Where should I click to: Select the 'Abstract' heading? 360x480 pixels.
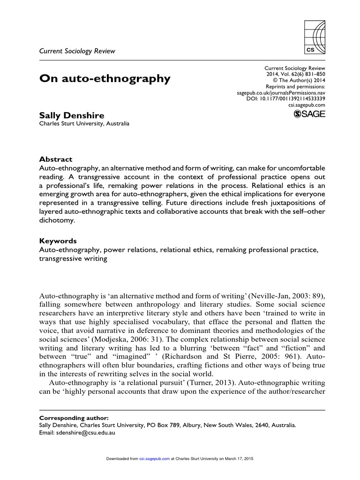[x=55, y=159]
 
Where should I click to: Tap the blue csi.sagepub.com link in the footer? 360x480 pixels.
[x=155, y=459]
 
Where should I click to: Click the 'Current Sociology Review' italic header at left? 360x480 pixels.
[x=76, y=51]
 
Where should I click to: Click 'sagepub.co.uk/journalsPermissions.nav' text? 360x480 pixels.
[x=281, y=93]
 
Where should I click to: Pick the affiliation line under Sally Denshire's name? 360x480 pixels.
[x=84, y=124]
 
